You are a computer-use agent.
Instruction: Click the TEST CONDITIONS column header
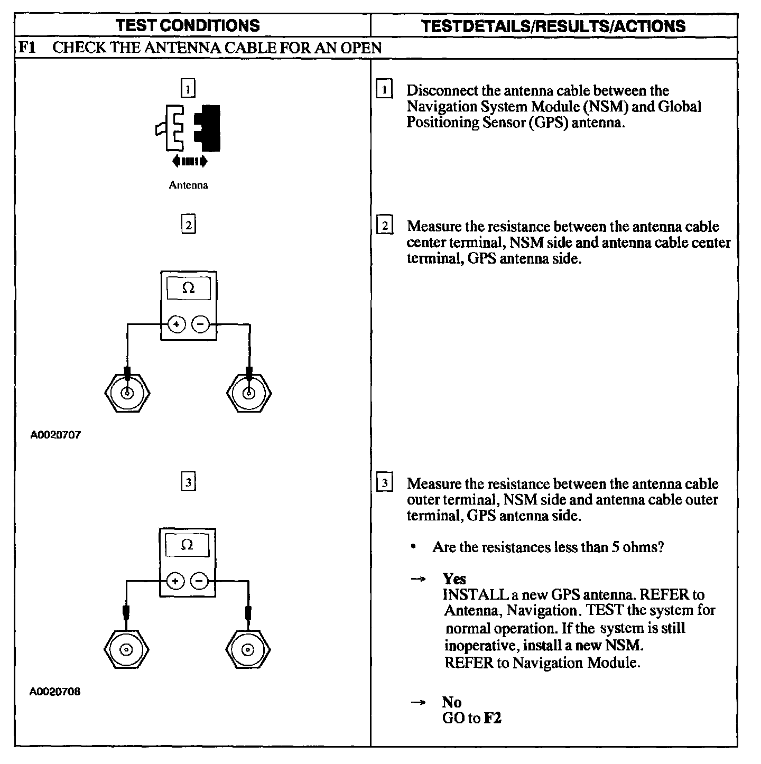click(188, 25)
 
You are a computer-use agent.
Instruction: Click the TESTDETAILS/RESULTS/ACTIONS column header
click(553, 26)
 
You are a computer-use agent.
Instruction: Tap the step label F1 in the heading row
click(27, 48)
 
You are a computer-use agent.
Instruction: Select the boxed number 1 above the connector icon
click(188, 88)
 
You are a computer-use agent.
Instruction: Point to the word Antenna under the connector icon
click(188, 185)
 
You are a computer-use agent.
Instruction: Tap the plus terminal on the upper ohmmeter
click(177, 324)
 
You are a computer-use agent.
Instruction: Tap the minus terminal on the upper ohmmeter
click(200, 324)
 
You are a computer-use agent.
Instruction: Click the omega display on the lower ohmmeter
click(187, 545)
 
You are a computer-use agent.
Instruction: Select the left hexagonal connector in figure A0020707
click(127, 393)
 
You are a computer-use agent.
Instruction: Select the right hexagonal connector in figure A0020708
click(248, 649)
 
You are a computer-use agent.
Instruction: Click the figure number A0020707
click(55, 435)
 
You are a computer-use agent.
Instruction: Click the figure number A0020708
click(55, 692)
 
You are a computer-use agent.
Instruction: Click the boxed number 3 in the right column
click(385, 483)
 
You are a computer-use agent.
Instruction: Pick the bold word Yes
click(454, 579)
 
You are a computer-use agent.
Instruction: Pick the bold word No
click(452, 702)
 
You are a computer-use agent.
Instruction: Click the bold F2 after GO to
click(493, 719)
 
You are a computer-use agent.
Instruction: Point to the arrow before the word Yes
click(418, 579)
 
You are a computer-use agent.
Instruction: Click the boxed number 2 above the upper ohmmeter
click(188, 225)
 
